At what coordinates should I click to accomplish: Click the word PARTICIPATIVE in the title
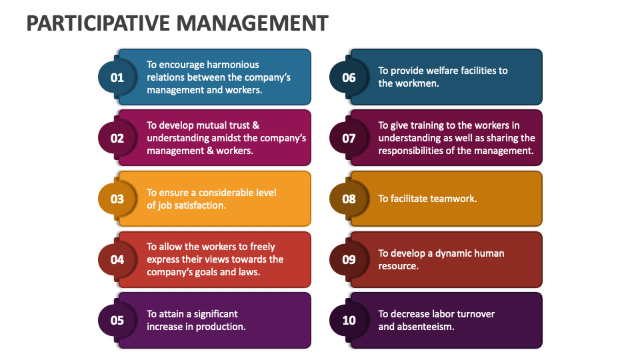pos(99,23)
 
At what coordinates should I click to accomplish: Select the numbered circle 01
pos(117,77)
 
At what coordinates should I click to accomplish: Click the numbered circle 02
pos(117,138)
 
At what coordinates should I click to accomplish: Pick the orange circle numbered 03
pos(117,199)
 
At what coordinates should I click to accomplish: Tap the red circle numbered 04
pos(117,259)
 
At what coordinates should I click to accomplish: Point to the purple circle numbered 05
pos(117,320)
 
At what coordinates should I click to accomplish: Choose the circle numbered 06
pos(349,77)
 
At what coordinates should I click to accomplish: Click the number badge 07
pos(349,138)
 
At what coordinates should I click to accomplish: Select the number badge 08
pos(349,199)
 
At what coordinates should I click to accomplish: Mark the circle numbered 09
pos(349,259)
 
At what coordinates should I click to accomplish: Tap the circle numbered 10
pos(349,320)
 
